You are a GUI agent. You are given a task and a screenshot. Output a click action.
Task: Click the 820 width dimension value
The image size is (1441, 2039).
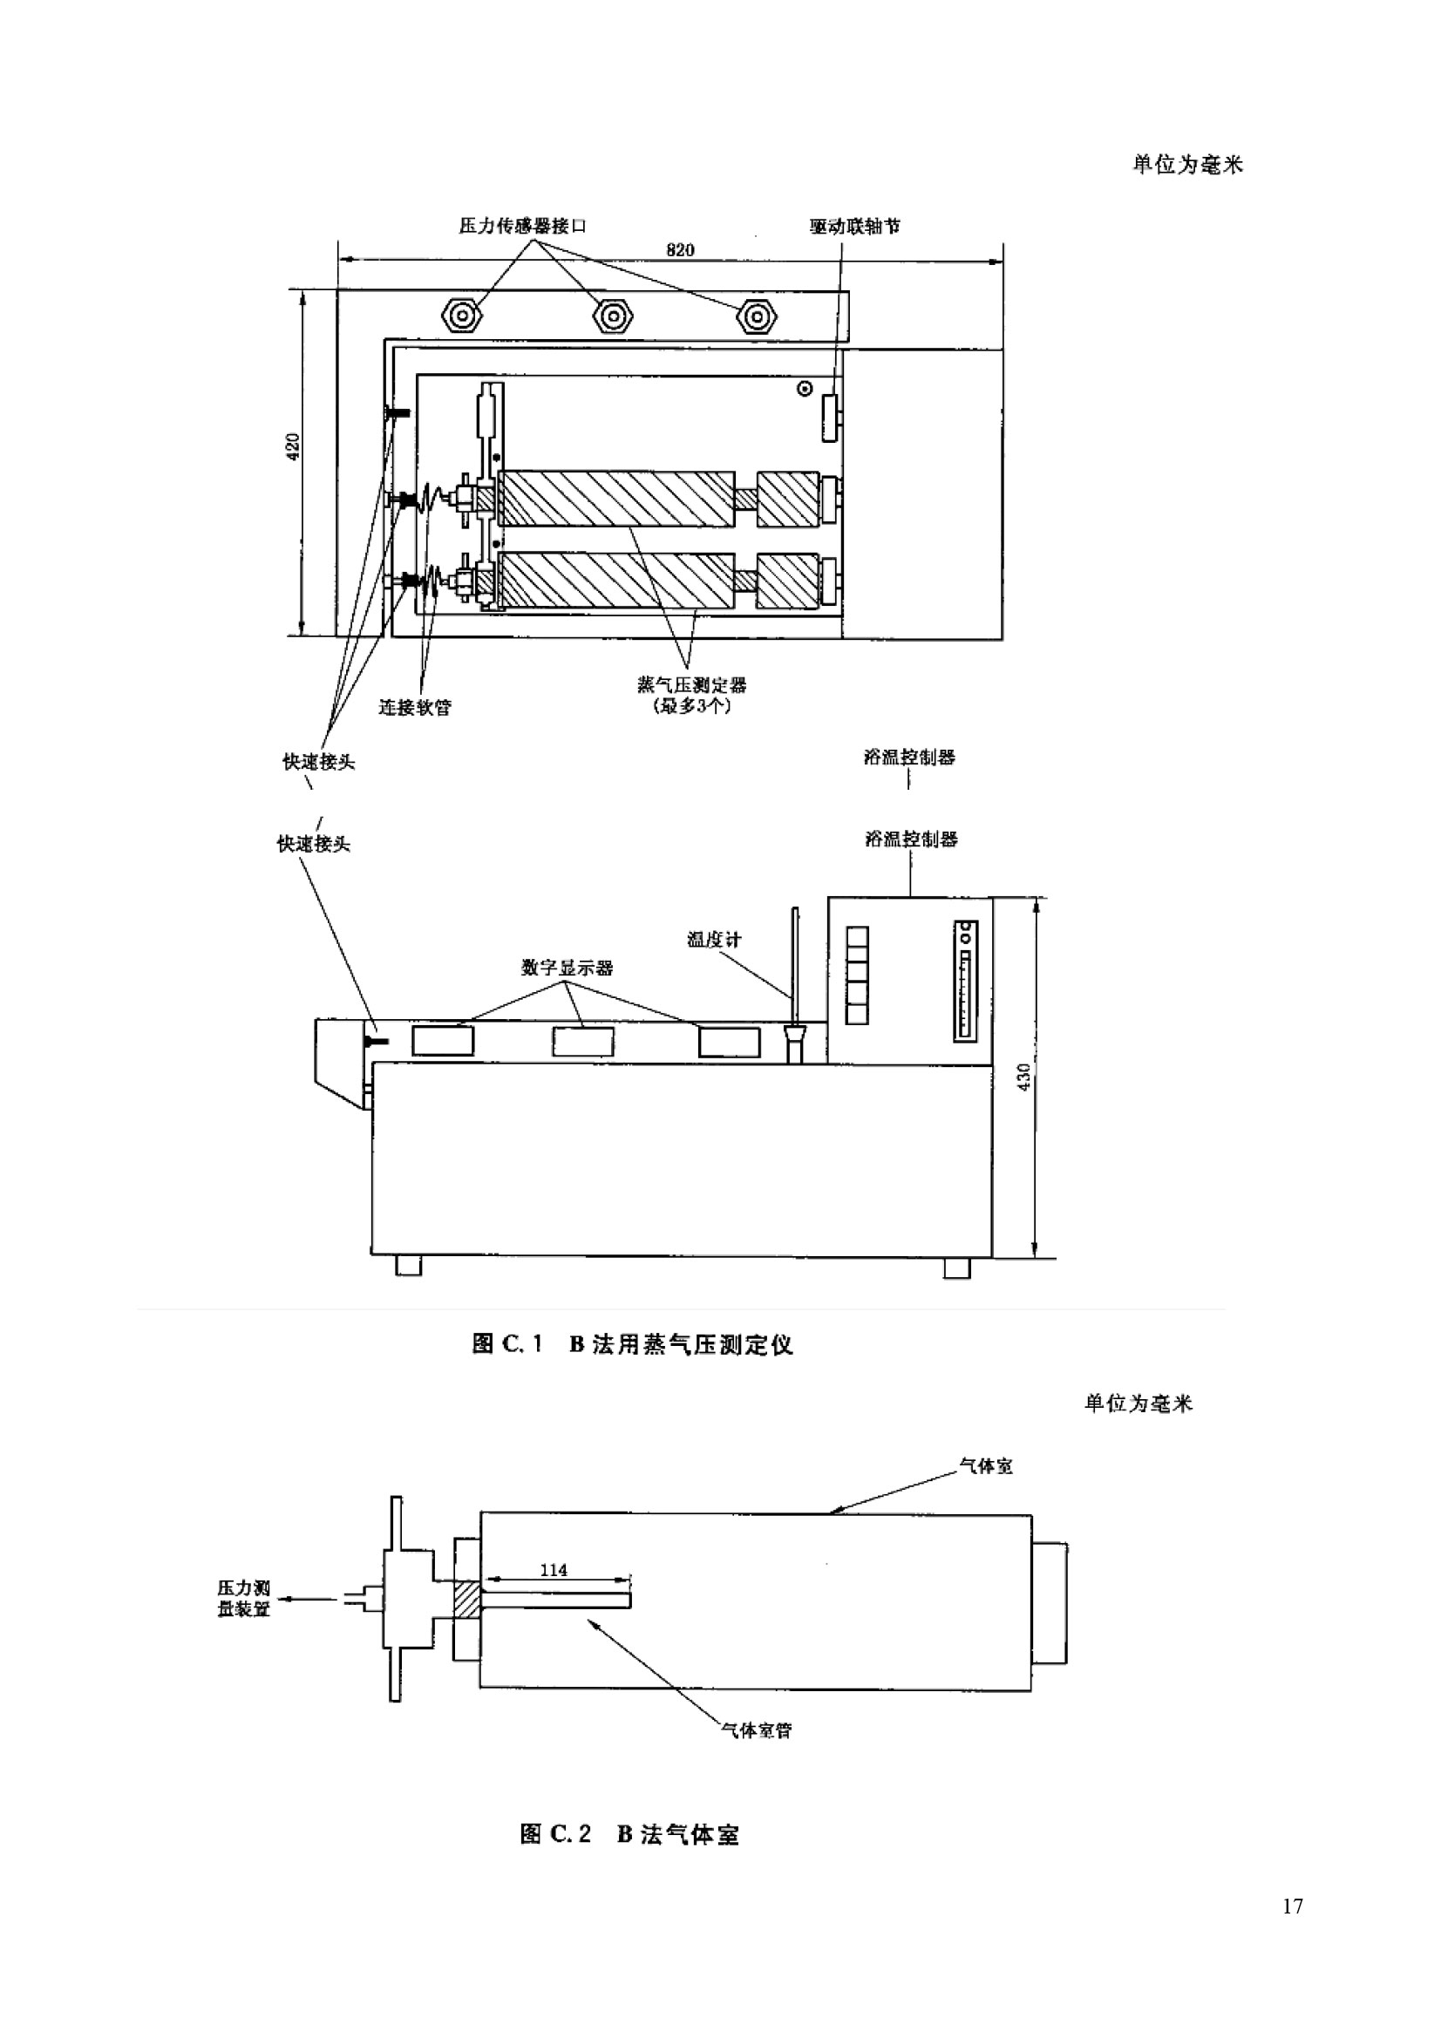point(680,249)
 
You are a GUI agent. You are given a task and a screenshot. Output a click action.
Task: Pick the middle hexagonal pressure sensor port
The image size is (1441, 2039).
point(612,316)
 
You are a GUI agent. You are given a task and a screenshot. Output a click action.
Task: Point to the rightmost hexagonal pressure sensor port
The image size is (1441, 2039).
point(757,316)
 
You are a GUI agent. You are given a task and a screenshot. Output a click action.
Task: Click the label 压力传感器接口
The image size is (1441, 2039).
point(523,226)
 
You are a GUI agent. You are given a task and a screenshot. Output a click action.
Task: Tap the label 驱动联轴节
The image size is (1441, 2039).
point(855,226)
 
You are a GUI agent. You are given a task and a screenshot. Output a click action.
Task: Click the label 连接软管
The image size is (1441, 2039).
point(415,707)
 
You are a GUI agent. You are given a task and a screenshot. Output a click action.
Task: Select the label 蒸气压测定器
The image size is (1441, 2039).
point(691,684)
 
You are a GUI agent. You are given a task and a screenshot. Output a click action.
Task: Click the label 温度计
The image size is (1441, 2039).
point(713,939)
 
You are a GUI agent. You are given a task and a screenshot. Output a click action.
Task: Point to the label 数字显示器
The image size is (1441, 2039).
point(567,967)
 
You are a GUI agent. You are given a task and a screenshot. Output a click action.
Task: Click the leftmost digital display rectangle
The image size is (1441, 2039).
point(443,1040)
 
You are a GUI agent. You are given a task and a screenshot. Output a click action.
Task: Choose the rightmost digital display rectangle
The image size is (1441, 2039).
point(729,1042)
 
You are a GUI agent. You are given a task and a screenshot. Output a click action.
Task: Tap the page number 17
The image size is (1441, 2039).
point(1292,1906)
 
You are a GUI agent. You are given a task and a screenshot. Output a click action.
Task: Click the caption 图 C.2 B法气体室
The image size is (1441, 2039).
point(629,1834)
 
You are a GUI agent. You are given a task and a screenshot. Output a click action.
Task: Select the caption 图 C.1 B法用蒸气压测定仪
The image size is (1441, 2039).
point(632,1343)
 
